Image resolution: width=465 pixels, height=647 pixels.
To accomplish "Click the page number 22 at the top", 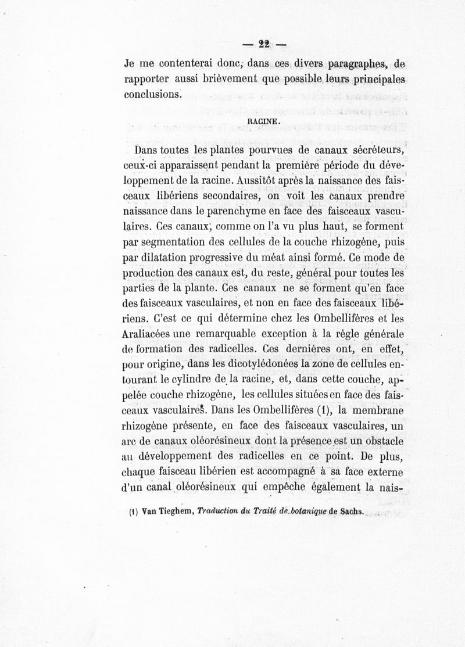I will (x=266, y=44).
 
